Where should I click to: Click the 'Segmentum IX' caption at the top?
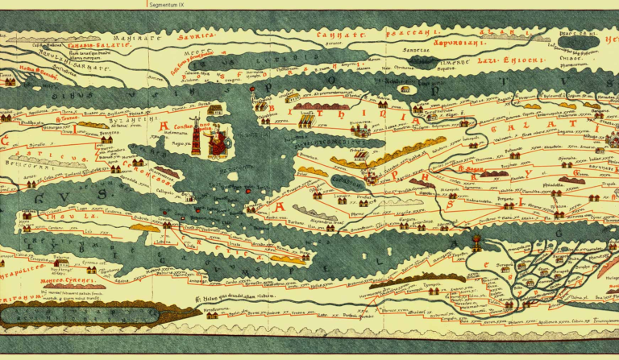click(x=172, y=4)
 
